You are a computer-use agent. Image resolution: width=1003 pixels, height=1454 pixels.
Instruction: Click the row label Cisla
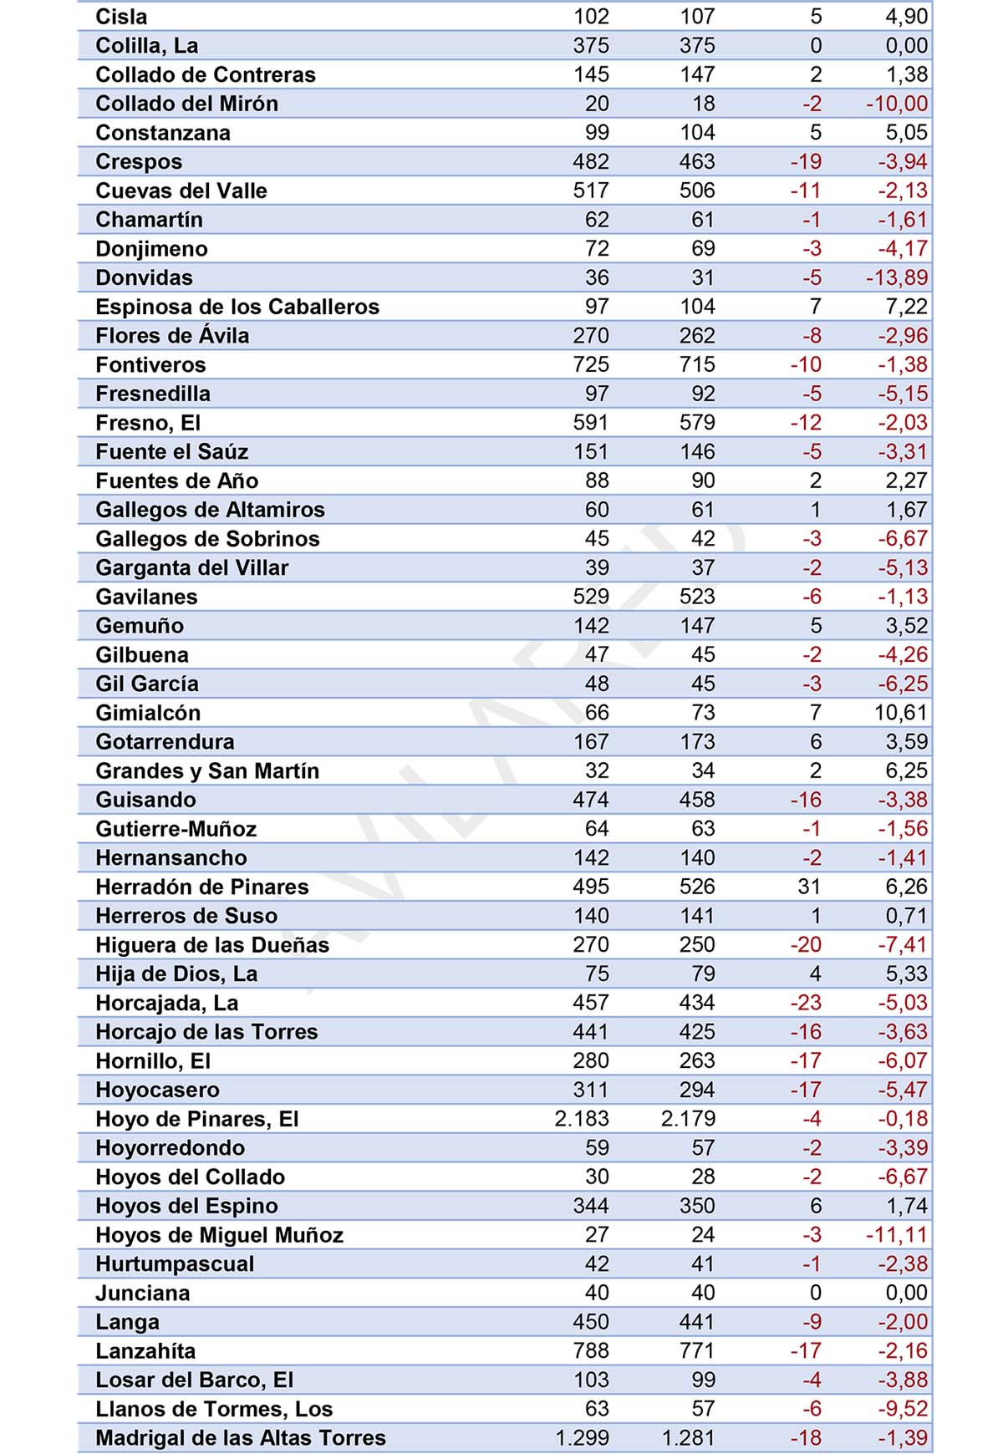pyautogui.click(x=121, y=17)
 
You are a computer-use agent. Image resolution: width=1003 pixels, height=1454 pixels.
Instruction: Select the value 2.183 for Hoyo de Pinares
pyautogui.click(x=582, y=1119)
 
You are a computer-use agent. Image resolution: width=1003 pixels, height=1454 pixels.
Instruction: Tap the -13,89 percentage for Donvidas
pyautogui.click(x=897, y=277)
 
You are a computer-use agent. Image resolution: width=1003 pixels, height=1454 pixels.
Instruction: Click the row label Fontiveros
pyautogui.click(x=150, y=364)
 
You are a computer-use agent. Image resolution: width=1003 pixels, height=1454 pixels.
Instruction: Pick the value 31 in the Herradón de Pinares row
pyautogui.click(x=809, y=887)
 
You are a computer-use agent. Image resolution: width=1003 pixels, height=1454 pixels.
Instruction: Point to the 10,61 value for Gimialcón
pyautogui.click(x=902, y=713)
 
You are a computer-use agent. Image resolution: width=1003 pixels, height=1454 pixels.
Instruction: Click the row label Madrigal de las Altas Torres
pyautogui.click(x=241, y=1438)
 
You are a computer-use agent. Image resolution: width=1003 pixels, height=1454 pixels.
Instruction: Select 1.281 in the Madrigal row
pyautogui.click(x=688, y=1438)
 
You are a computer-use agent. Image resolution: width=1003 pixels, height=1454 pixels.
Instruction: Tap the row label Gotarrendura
pyautogui.click(x=165, y=742)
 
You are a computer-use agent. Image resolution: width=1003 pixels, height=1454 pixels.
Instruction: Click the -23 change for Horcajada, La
pyautogui.click(x=807, y=1003)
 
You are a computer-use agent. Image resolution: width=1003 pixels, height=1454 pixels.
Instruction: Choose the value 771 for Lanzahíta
pyautogui.click(x=697, y=1351)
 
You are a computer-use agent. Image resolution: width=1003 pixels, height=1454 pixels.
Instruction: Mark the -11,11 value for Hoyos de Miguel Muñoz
pyautogui.click(x=897, y=1235)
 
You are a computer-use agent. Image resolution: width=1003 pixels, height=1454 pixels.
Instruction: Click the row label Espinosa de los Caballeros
pyautogui.click(x=237, y=307)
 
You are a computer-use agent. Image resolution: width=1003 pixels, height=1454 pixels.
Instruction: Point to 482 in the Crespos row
pyautogui.click(x=591, y=161)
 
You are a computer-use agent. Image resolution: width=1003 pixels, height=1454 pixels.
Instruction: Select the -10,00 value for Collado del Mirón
pyautogui.click(x=897, y=104)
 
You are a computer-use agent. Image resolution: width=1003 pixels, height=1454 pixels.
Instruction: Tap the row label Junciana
pyautogui.click(x=143, y=1294)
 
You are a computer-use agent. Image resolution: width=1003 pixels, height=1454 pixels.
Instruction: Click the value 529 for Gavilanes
pyautogui.click(x=591, y=597)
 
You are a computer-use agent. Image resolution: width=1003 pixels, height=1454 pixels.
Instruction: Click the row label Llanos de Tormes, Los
pyautogui.click(x=214, y=1410)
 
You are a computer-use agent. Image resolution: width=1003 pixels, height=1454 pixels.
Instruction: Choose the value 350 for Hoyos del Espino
pyautogui.click(x=697, y=1206)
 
